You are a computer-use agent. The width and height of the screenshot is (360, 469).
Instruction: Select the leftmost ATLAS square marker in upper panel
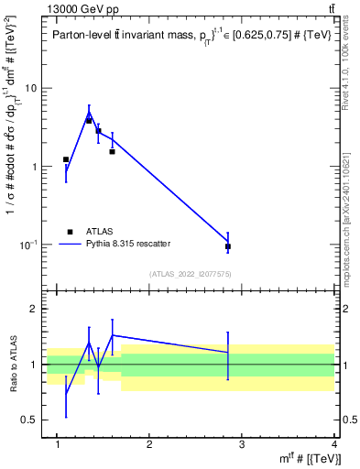(x=66, y=159)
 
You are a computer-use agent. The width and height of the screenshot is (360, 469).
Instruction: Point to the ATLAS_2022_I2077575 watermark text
(x=190, y=274)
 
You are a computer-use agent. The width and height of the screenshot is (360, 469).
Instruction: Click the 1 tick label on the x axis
(x=58, y=444)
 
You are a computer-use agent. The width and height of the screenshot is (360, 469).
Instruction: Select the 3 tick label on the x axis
(x=242, y=444)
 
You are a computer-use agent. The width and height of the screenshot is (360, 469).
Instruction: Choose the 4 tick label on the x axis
(x=334, y=444)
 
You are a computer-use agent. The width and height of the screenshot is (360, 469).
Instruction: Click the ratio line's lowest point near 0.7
(x=66, y=394)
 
